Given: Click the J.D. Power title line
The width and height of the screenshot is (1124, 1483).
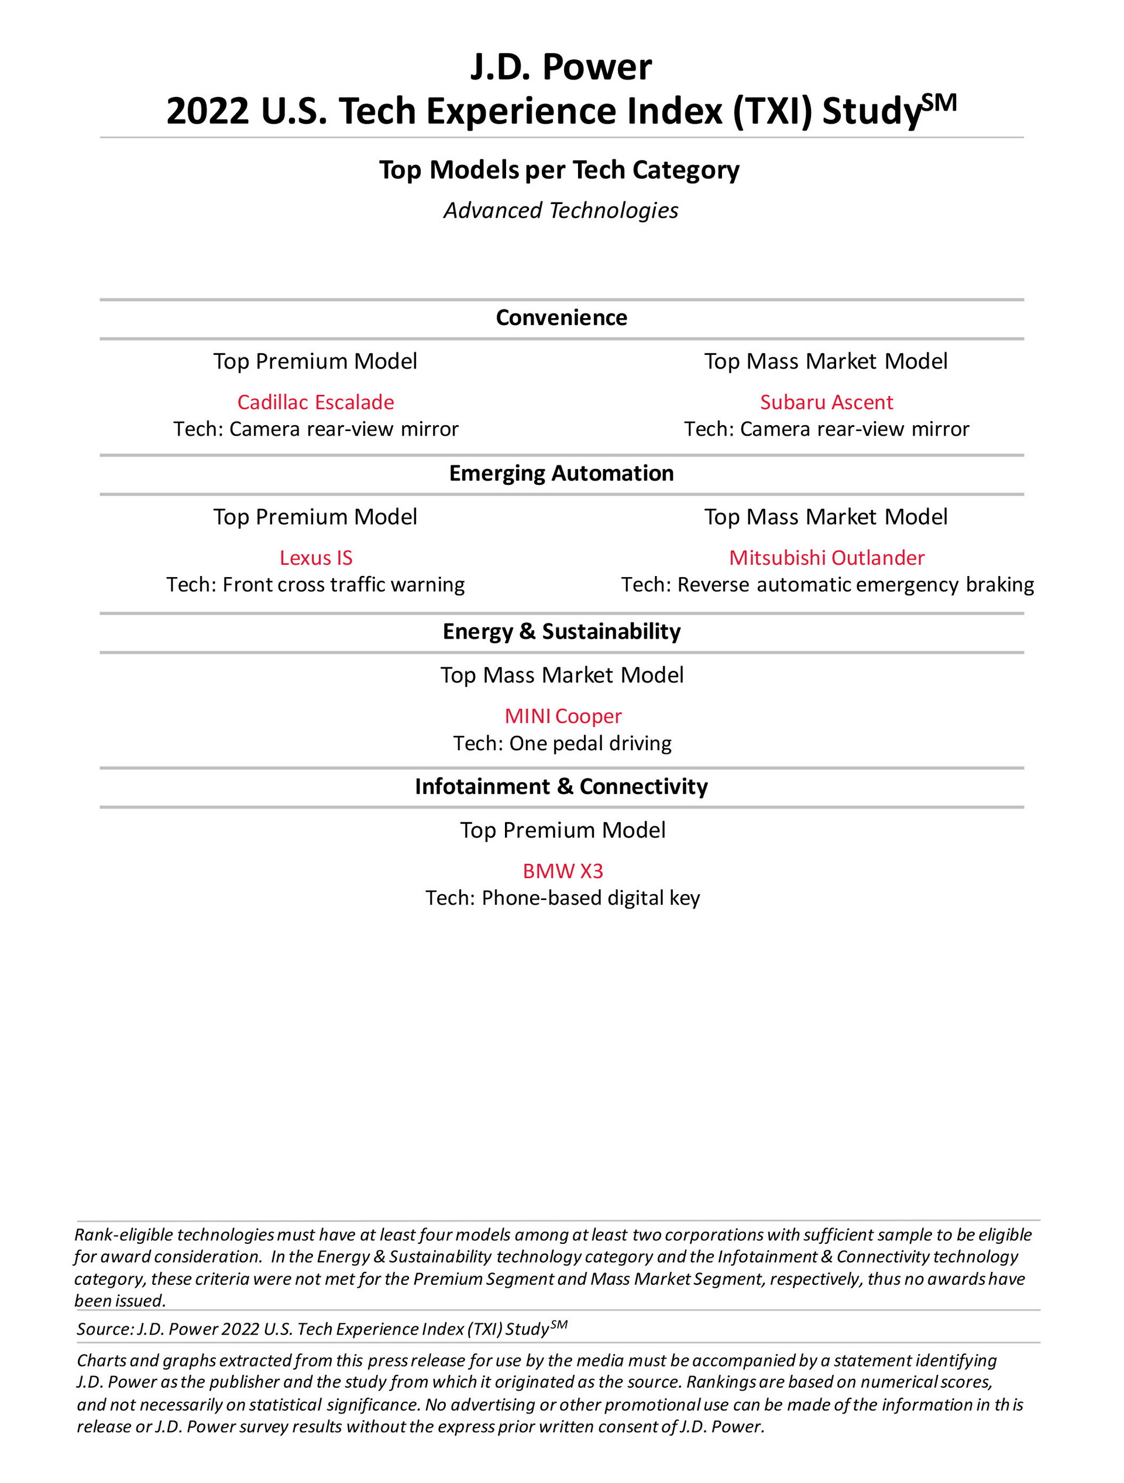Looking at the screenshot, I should click(x=561, y=67).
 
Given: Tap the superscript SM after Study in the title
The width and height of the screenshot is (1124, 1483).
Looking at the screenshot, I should click(x=939, y=102).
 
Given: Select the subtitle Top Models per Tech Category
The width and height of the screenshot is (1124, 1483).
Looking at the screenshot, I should click(x=559, y=170).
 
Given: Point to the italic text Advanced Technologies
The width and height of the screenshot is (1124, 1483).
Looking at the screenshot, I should click(x=561, y=211).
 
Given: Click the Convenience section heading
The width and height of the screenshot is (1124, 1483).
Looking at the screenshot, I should click(x=561, y=318).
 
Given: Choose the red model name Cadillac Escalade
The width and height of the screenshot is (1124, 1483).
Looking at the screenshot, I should click(x=315, y=402).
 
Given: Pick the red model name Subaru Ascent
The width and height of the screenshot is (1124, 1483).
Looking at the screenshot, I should click(x=826, y=402).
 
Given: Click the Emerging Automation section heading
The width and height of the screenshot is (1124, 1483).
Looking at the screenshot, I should click(x=561, y=473).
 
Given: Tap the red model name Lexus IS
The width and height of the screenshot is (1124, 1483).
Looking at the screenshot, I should click(x=315, y=558).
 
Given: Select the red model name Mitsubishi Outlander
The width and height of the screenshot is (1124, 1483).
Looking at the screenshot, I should click(x=826, y=558).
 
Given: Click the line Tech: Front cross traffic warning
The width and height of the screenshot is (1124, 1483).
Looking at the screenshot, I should click(x=315, y=585).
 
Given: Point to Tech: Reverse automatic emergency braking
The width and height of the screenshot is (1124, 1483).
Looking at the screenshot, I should click(x=827, y=585).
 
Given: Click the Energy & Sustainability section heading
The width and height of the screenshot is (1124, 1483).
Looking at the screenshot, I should click(x=561, y=632).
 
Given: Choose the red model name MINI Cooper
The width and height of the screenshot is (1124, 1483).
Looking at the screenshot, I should click(x=563, y=716).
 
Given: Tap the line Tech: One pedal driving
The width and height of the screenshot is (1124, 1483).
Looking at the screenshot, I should click(x=562, y=743).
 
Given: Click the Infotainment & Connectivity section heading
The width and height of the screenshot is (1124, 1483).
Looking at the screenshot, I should click(x=561, y=787).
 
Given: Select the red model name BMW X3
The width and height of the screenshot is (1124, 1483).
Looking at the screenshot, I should click(x=563, y=871).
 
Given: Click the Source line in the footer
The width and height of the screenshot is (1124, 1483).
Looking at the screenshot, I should click(x=322, y=1329).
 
